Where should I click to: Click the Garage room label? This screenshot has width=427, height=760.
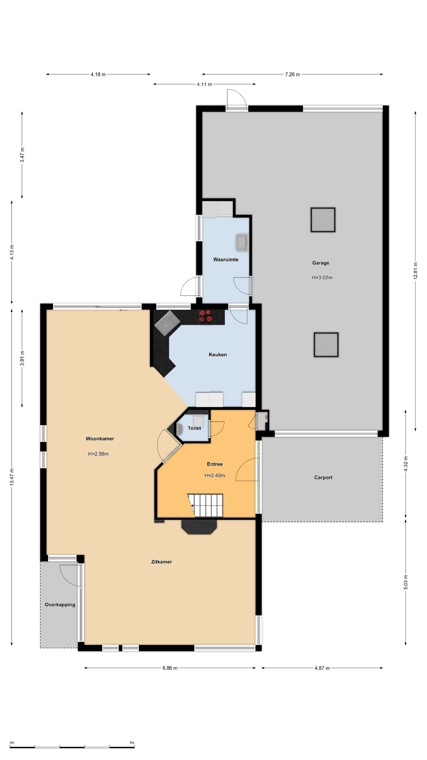320,263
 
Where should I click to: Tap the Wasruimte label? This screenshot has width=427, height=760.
226,260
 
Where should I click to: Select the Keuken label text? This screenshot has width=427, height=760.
218,355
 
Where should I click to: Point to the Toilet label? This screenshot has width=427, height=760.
194,428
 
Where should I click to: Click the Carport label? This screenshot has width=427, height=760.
323,477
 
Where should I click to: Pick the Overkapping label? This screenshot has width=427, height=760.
60,605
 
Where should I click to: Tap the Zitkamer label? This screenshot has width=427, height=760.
162,562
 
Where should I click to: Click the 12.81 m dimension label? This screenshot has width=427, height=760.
415,270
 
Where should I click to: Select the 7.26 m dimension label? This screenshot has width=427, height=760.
292,74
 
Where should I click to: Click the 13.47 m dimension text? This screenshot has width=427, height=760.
12,477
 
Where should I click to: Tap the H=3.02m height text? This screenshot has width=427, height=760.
322,278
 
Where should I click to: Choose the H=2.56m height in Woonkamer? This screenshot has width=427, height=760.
98,454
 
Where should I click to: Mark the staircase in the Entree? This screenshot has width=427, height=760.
205,505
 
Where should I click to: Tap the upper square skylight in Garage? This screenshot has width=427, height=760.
323,220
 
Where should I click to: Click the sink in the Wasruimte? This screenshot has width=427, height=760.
242,243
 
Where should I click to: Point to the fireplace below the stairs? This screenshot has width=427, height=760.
199,527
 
